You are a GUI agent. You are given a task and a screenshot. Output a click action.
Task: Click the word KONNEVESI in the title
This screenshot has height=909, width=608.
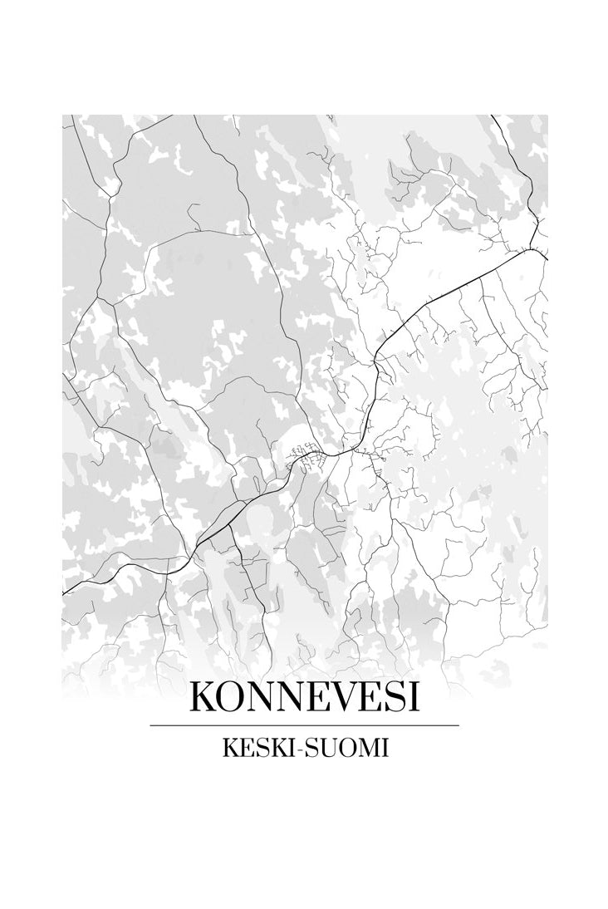304,696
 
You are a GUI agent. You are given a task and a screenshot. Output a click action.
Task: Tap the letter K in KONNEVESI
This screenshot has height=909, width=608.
204,696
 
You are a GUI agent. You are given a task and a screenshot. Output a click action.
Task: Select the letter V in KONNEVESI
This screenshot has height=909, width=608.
336,696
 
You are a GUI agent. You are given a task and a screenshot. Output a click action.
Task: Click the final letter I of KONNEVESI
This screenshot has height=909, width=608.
413,696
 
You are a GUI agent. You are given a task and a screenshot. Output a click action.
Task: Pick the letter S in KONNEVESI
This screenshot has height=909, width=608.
394,696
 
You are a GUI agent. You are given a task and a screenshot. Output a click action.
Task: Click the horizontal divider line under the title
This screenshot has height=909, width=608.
304,725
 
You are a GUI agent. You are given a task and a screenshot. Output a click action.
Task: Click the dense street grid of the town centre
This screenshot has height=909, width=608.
304,456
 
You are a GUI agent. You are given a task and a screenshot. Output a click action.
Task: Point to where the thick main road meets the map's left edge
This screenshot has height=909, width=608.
64,592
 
